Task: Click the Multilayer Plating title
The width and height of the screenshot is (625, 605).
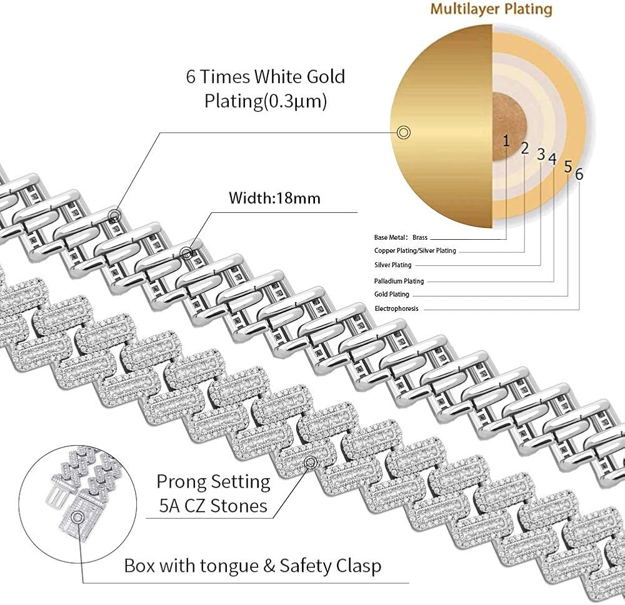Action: tap(491, 9)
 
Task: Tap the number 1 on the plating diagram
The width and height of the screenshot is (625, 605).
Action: tap(506, 140)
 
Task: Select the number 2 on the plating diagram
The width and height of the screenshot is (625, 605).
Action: tap(524, 148)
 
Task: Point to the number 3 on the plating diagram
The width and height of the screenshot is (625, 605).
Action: tap(541, 154)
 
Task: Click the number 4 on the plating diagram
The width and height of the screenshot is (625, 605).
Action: tap(552, 159)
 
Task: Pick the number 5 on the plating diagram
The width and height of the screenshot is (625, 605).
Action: tap(568, 167)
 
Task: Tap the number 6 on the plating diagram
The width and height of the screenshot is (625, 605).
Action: tap(579, 174)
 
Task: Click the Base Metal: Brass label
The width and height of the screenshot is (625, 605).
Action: tap(401, 237)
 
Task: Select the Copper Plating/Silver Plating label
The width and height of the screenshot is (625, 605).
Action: tap(415, 250)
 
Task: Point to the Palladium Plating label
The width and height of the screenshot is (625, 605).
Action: tap(399, 281)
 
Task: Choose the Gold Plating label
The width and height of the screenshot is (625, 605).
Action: tap(391, 294)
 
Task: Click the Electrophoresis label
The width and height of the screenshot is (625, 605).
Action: tap(396, 308)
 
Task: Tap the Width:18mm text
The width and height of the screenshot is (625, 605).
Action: tap(274, 198)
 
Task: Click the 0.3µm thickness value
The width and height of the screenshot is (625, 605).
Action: tap(296, 101)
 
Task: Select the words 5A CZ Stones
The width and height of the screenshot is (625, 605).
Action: tap(213, 506)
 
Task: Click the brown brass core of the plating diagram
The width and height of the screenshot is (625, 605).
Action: tap(509, 127)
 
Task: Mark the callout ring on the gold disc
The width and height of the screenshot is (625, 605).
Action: tap(403, 132)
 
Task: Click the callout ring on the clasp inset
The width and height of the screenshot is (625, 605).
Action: tap(77, 518)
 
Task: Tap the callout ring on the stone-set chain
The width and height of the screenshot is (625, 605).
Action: tap(311, 463)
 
